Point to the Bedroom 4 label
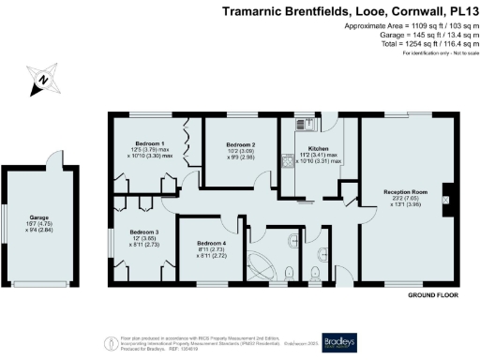point(211,243)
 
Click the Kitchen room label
point(319,148)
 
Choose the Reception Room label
point(405,191)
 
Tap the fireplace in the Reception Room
point(446,198)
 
